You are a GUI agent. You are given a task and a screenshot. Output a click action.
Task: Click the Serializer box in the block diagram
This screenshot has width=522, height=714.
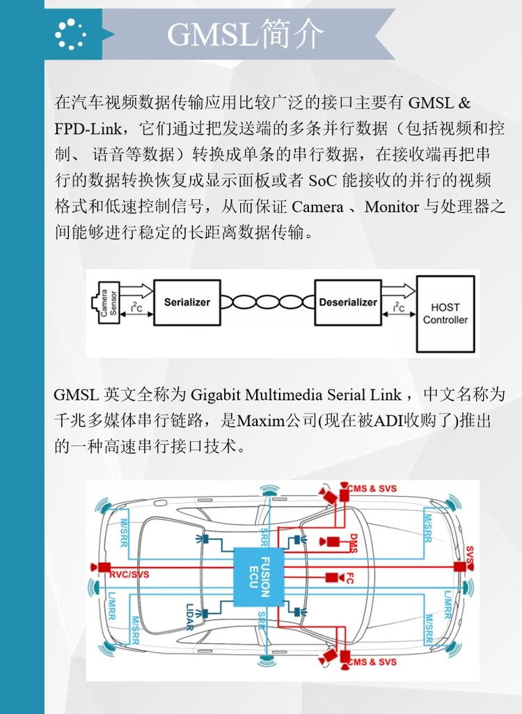click(187, 303)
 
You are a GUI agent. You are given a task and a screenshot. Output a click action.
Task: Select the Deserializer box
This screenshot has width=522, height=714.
click(348, 303)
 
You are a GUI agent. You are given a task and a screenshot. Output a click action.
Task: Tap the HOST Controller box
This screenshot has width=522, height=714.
click(445, 313)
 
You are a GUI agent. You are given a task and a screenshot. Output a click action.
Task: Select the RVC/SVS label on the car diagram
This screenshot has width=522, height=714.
click(129, 575)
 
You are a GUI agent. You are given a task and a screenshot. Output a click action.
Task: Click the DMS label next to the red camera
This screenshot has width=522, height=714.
click(353, 541)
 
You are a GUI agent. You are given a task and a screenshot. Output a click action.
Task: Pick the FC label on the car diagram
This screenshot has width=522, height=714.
click(351, 577)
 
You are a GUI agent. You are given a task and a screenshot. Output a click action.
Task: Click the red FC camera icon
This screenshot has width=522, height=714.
click(332, 577)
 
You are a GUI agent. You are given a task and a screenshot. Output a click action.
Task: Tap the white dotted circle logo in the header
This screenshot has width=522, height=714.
click(70, 33)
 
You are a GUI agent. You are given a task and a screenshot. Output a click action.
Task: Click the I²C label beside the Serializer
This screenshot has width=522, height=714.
click(137, 306)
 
